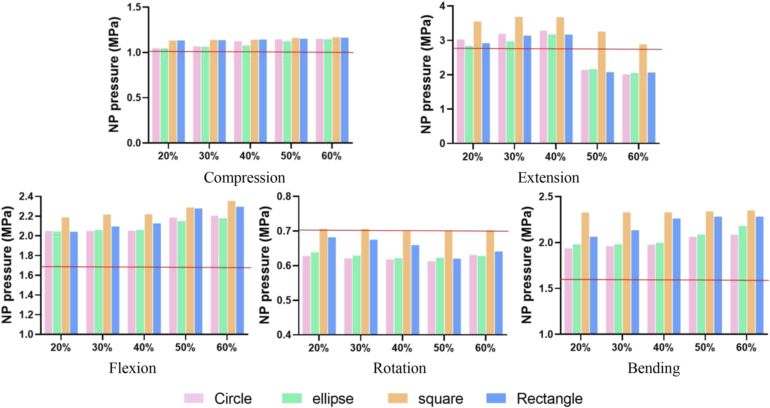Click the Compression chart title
pyautogui.click(x=245, y=178)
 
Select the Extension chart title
pyautogui.click(x=548, y=178)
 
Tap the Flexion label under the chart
pyautogui.click(x=132, y=368)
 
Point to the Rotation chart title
pyautogui.click(x=400, y=368)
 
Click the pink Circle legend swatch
pyautogui.click(x=194, y=398)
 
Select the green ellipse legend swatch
pyautogui.click(x=292, y=398)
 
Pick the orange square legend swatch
pyautogui.click(x=398, y=398)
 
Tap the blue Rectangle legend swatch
pyautogui.click(x=496, y=398)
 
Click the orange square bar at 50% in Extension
pyautogui.click(x=601, y=87)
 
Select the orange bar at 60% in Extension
pyautogui.click(x=643, y=94)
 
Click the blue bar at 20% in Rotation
pyautogui.click(x=332, y=286)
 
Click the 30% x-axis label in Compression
pyautogui.click(x=209, y=156)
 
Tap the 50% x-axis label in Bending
pyautogui.click(x=705, y=347)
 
